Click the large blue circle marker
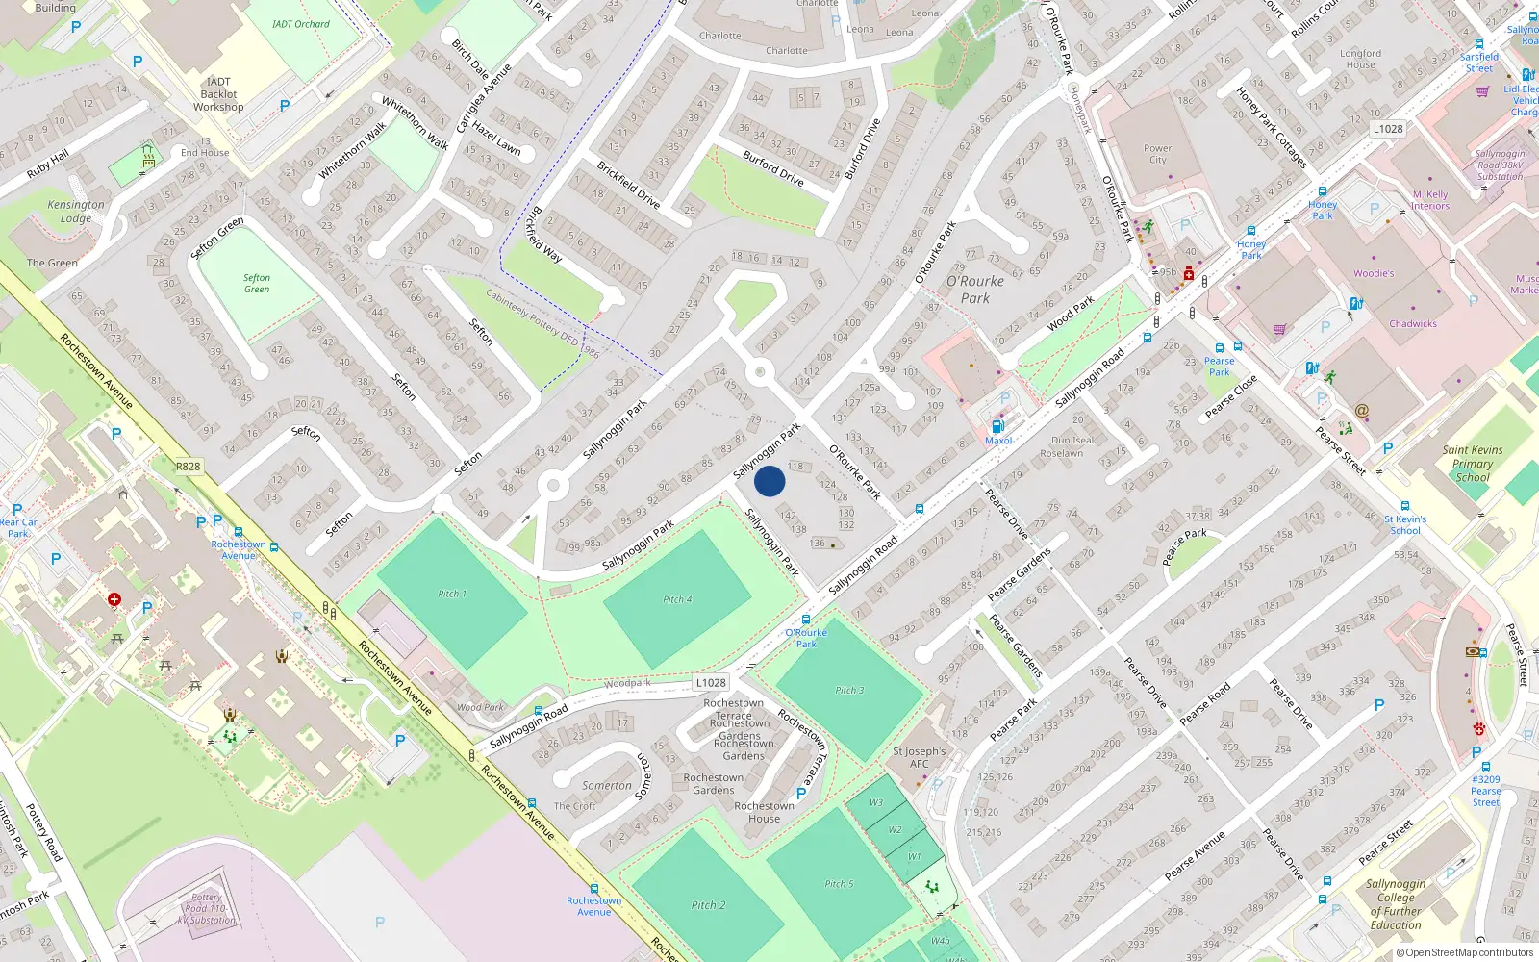tap(769, 480)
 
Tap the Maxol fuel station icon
tap(997, 426)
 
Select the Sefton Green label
tap(257, 283)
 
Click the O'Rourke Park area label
tap(974, 290)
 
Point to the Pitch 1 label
tap(451, 594)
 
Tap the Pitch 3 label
tap(849, 690)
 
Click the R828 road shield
tap(188, 467)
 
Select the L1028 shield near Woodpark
tap(711, 682)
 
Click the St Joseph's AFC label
tap(919, 757)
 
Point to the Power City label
tap(1157, 154)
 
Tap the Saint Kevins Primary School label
tap(1472, 463)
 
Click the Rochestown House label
tap(764, 812)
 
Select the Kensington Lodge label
tap(76, 211)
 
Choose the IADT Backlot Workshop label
tap(218, 94)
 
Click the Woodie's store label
tap(1373, 273)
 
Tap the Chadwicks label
tap(1412, 323)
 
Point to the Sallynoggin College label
tap(1395, 903)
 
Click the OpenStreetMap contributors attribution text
tap(1464, 952)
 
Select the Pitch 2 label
tap(708, 905)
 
